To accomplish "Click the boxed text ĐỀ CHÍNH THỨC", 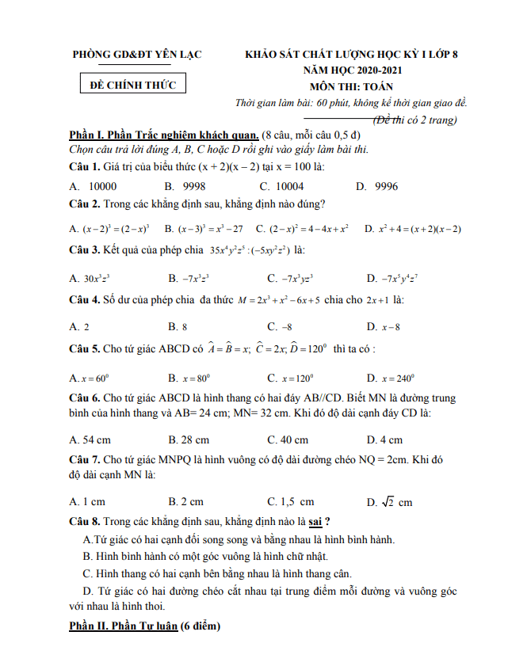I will click(128, 84).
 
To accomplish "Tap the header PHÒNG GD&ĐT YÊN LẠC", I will click(136, 55).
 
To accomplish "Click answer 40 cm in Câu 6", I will click(288, 439).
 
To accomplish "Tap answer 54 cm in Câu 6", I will click(90, 439).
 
